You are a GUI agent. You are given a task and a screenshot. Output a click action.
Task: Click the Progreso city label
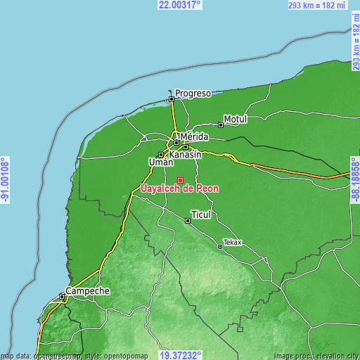tap(193, 93)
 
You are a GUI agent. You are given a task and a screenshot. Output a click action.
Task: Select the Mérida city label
tap(195, 136)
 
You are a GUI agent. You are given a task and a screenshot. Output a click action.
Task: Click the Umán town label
tap(161, 162)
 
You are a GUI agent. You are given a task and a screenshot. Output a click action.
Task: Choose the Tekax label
tap(233, 243)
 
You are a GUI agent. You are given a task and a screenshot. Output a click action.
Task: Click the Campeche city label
tap(87, 290)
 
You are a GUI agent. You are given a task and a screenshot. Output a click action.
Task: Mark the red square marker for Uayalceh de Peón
tap(181, 180)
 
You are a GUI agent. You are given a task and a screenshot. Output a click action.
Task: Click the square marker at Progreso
tap(171, 99)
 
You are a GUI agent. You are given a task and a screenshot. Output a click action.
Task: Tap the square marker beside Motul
tap(221, 125)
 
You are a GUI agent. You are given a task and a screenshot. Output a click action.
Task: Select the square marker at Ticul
tap(188, 220)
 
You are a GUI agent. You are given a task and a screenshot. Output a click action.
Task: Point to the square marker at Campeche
tap(63, 297)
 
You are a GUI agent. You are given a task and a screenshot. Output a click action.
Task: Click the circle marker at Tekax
tap(221, 247)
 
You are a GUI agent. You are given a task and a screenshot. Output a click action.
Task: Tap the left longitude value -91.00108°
tap(5, 180)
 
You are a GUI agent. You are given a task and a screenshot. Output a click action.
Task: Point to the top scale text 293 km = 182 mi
tap(318, 5)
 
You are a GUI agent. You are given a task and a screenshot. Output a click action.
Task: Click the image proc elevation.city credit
tap(316, 356)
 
